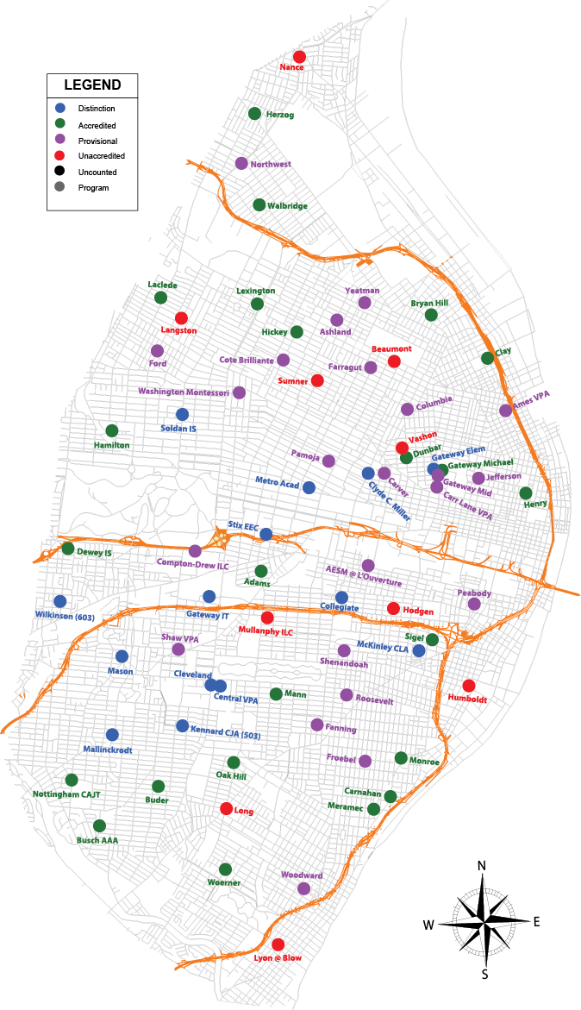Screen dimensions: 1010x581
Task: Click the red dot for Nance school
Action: point(299,56)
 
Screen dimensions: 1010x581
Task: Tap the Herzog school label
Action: point(280,115)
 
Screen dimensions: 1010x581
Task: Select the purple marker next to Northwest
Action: point(241,163)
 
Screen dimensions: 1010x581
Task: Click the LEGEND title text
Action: point(92,85)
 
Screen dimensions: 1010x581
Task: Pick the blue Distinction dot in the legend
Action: point(59,109)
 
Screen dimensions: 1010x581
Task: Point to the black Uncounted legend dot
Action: point(59,172)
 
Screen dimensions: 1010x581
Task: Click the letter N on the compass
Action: point(483,866)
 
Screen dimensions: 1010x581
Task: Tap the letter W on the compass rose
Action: point(428,925)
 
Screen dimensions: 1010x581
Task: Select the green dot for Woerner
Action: point(225,869)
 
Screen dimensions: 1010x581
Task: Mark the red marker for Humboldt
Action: point(469,686)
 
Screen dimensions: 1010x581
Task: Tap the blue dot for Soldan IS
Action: point(182,414)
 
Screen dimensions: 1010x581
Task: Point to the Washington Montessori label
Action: point(184,392)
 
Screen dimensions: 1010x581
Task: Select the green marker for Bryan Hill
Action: point(431,315)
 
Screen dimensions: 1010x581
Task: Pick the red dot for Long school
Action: point(226,808)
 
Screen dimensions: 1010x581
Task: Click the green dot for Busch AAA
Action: point(99,825)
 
